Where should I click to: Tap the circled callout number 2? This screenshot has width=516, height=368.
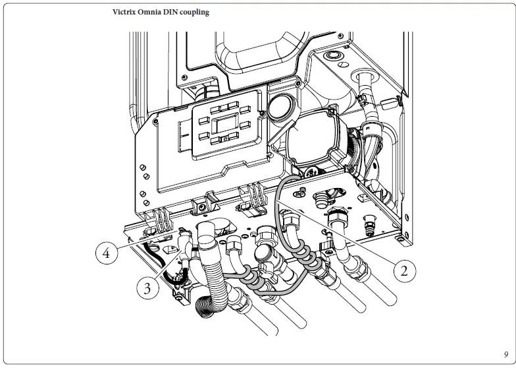(x=405, y=269)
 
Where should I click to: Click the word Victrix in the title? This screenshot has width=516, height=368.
(x=126, y=13)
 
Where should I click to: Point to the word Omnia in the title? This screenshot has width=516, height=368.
(x=156, y=13)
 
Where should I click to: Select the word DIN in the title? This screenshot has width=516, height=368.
(x=179, y=13)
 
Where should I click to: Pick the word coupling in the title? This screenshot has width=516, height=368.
(x=199, y=13)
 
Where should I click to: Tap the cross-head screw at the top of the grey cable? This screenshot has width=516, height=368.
(x=301, y=191)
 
